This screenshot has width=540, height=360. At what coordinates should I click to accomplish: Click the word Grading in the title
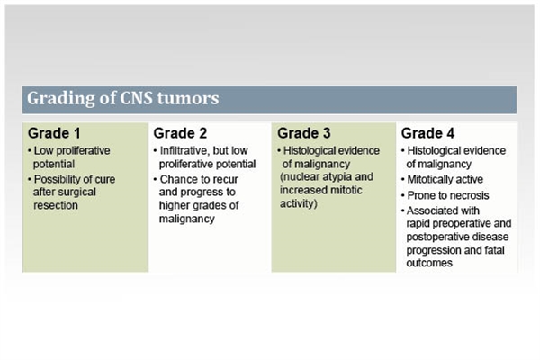(x=61, y=99)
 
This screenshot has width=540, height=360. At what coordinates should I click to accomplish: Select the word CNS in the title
(x=136, y=98)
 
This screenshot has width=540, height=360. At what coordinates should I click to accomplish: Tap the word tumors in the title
(x=188, y=98)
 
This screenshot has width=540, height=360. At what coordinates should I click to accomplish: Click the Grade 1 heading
(x=54, y=133)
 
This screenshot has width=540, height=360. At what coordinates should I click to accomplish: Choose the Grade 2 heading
(x=180, y=133)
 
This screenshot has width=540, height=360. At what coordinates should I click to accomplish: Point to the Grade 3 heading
(x=304, y=133)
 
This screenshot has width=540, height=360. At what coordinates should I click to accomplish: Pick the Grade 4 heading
(x=427, y=133)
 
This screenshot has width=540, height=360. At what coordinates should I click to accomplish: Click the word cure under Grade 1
(x=104, y=179)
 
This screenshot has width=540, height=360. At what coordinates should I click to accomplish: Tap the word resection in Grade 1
(x=56, y=205)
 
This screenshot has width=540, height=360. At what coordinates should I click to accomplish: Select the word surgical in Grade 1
(x=75, y=192)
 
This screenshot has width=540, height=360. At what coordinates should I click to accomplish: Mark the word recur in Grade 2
(x=225, y=179)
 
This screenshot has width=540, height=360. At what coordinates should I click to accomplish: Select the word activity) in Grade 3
(x=299, y=203)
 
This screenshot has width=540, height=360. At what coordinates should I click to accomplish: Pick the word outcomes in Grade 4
(x=429, y=263)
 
